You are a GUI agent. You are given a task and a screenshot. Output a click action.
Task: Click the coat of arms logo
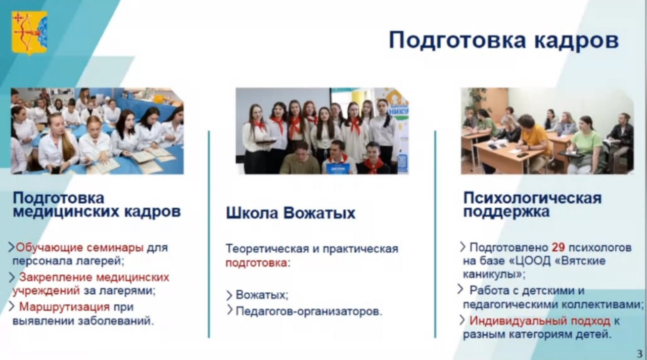pos(29,33)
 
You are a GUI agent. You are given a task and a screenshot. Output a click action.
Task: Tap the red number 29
pos(559,248)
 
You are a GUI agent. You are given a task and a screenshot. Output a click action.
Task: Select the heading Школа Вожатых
pos(290,213)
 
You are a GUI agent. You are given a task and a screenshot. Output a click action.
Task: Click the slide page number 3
pos(639,353)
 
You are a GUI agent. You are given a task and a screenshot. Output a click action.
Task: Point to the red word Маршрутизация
pos(64,307)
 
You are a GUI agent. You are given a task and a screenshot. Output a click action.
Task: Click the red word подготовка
pos(256,263)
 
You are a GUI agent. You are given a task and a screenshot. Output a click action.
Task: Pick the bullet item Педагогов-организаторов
pos(309,311)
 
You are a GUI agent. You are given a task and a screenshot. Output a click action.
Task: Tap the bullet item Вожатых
pos(262,295)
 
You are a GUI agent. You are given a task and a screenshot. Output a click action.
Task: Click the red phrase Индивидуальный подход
pos(540,321)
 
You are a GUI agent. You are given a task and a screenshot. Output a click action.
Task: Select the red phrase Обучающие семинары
pos(80,248)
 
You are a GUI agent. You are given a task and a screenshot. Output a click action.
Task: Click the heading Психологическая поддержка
pos(532,205)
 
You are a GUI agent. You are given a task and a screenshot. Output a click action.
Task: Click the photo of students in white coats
pos(98,131)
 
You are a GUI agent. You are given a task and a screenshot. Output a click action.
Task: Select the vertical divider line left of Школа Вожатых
pos(209,234)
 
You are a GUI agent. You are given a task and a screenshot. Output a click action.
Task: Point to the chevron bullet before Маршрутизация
pos(12,306)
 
